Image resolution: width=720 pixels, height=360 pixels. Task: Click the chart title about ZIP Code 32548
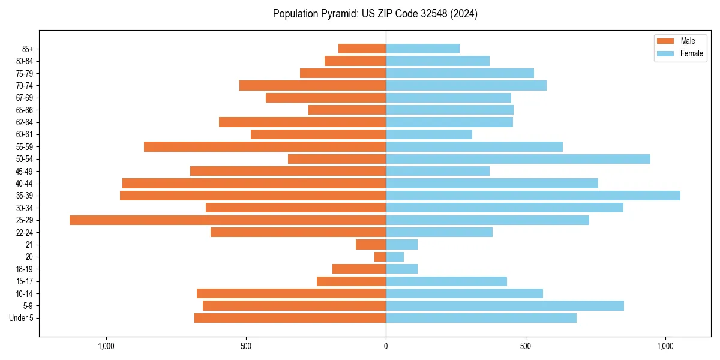375,14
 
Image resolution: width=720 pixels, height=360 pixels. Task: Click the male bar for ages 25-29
228,220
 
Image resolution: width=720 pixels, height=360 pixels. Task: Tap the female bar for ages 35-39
533,196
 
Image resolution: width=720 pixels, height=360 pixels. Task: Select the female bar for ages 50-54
518,159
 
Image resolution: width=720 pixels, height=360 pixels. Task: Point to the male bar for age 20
380,257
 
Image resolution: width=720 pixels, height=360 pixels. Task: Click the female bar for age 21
401,245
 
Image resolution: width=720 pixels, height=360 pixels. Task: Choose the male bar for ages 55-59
265,147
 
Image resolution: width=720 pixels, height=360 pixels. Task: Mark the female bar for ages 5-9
505,306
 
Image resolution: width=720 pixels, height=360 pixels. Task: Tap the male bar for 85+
362,49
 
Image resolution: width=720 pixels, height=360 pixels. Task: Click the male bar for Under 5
290,318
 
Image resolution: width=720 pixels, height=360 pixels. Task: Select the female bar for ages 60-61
429,134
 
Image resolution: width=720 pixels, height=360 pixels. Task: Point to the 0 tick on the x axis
386,346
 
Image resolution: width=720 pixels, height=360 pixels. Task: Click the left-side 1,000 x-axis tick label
106,346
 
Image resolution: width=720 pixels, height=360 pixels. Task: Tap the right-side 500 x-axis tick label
526,346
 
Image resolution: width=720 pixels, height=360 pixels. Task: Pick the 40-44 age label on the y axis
25,184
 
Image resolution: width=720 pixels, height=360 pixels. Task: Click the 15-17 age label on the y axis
25,281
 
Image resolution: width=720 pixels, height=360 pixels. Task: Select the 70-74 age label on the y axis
25,86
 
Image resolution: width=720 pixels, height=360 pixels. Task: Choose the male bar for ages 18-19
359,269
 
